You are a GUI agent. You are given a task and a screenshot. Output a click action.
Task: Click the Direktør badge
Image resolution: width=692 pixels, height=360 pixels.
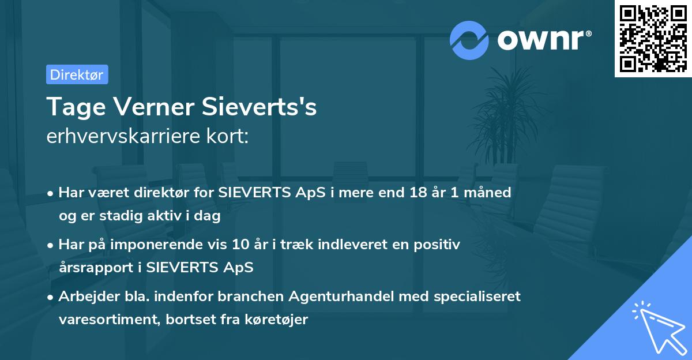tap(77, 74)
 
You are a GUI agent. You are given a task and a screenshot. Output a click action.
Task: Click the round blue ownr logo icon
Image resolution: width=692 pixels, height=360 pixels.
tap(469, 40)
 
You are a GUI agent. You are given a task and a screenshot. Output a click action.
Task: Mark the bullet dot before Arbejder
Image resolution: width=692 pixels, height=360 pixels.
tap(51, 297)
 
